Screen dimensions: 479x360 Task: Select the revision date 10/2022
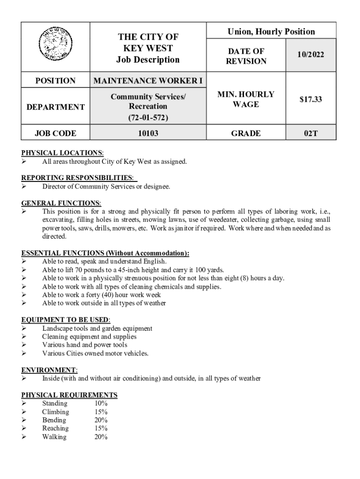click(x=309, y=56)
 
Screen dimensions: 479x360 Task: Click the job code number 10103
click(x=148, y=134)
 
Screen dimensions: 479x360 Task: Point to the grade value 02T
click(x=310, y=134)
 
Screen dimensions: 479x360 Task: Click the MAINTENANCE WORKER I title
click(x=148, y=81)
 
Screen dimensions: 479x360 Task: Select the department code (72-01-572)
click(x=148, y=117)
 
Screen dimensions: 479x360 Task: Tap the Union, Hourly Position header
click(x=271, y=32)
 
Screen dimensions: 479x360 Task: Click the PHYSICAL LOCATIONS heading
click(x=62, y=153)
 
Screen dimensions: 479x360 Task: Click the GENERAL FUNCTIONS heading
click(x=61, y=203)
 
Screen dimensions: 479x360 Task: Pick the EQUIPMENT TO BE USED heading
click(x=65, y=319)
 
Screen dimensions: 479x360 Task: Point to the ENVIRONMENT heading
click(x=49, y=370)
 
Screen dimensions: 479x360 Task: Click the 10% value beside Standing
click(x=101, y=403)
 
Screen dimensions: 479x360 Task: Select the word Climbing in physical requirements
click(x=56, y=412)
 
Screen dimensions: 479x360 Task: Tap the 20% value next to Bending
click(x=101, y=420)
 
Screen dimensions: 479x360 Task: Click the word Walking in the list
click(x=54, y=437)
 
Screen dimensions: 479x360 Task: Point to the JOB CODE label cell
click(x=56, y=134)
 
